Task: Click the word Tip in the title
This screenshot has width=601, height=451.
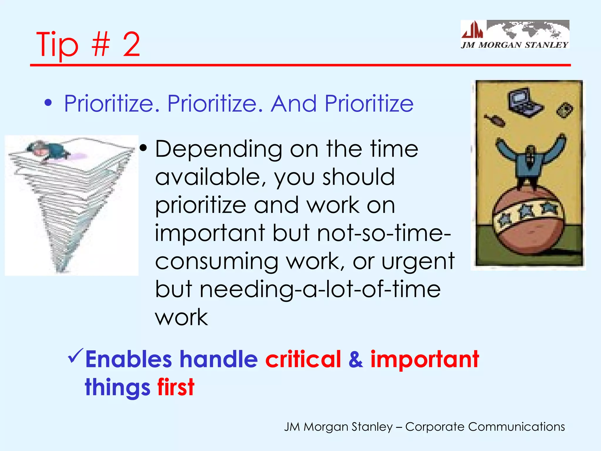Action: point(58,45)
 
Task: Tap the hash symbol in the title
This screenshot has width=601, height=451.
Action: point(100,45)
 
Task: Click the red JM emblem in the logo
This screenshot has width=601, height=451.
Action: point(472,30)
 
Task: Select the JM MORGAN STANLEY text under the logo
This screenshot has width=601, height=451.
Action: point(514,45)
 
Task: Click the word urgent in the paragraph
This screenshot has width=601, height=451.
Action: point(418,261)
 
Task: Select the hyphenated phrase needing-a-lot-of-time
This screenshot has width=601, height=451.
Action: point(320,290)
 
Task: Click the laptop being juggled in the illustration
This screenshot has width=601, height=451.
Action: point(524,102)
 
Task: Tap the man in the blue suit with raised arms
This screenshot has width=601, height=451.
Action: point(530,161)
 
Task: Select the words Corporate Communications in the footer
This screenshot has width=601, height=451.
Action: point(485,427)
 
